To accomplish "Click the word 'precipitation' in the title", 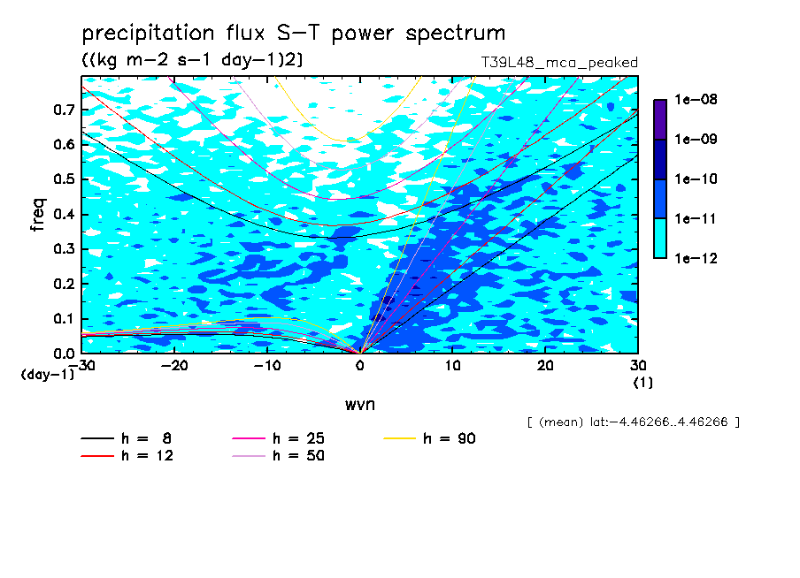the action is click(148, 34).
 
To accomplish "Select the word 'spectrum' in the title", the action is click(455, 34).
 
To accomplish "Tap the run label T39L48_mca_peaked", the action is click(559, 63).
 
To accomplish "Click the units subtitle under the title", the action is click(192, 60).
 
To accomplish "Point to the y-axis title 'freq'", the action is click(38, 215).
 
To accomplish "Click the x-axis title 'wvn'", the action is click(360, 405).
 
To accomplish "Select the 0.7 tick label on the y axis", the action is click(65, 110).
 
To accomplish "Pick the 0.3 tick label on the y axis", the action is click(65, 248).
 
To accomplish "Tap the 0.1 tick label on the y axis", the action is click(65, 318).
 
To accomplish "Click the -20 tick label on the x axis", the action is click(174, 366).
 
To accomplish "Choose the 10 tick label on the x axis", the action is click(452, 366).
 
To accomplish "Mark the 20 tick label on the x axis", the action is click(545, 366).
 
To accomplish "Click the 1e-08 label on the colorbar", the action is click(696, 99).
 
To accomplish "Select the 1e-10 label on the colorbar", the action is click(696, 179).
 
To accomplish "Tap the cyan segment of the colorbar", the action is click(660, 238).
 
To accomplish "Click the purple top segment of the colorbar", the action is click(660, 119).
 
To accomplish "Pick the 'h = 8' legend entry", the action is click(126, 438).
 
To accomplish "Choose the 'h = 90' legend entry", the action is click(429, 438).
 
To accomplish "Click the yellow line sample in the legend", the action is click(399, 438).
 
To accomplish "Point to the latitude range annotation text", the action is click(634, 422).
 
